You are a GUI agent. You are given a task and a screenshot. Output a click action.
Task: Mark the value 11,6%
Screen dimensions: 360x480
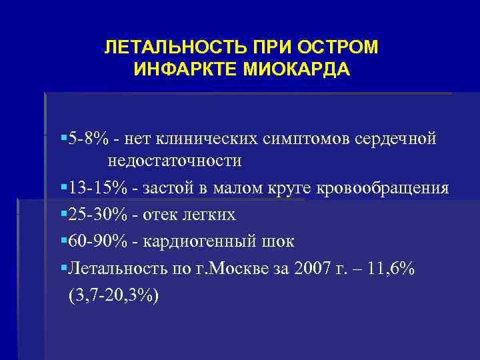click(x=391, y=267)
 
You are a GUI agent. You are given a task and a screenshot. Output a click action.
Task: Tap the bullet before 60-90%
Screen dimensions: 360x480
click(x=62, y=241)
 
